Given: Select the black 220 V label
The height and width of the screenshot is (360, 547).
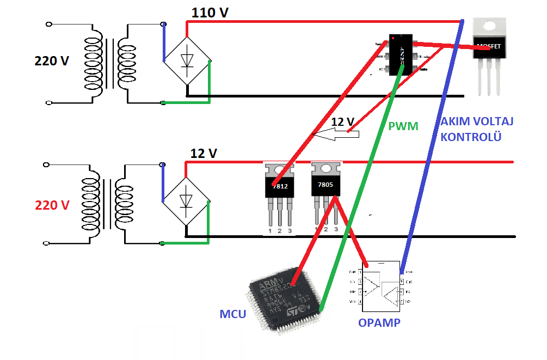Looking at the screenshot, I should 52,61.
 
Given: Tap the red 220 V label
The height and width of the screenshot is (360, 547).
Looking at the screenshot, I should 52,205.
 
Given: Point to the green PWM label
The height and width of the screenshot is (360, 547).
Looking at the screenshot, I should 403,126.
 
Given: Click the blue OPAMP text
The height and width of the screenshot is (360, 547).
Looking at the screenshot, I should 379,322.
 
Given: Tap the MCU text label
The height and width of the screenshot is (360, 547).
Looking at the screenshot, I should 233,314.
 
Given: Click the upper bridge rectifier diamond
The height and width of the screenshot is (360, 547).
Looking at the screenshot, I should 188,60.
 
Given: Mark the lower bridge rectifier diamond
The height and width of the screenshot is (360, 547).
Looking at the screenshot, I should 188,200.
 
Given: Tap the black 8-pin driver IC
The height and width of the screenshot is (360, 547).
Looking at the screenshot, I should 401,55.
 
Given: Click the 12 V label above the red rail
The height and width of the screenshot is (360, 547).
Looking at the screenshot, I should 203,154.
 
